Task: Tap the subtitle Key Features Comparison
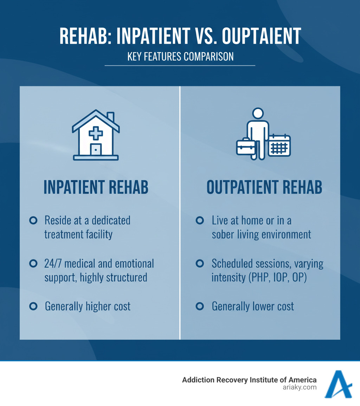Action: point(180,56)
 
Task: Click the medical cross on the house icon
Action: point(96,133)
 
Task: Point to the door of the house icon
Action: point(96,149)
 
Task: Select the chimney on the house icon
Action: point(110,117)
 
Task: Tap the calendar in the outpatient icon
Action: point(279,146)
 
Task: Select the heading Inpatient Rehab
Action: point(96,187)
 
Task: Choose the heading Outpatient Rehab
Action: point(264,187)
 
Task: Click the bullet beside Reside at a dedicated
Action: point(33,221)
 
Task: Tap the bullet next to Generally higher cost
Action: point(33,306)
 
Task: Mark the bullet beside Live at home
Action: point(200,221)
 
